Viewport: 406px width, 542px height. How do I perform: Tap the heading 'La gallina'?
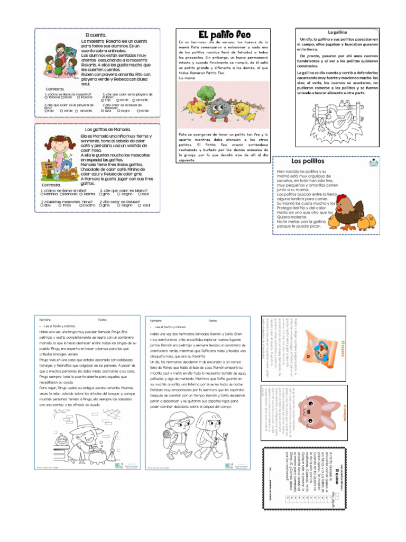click(x=336, y=32)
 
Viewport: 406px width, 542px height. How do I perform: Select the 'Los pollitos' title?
click(x=308, y=161)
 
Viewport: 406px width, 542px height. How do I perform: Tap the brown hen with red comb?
click(x=350, y=209)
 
